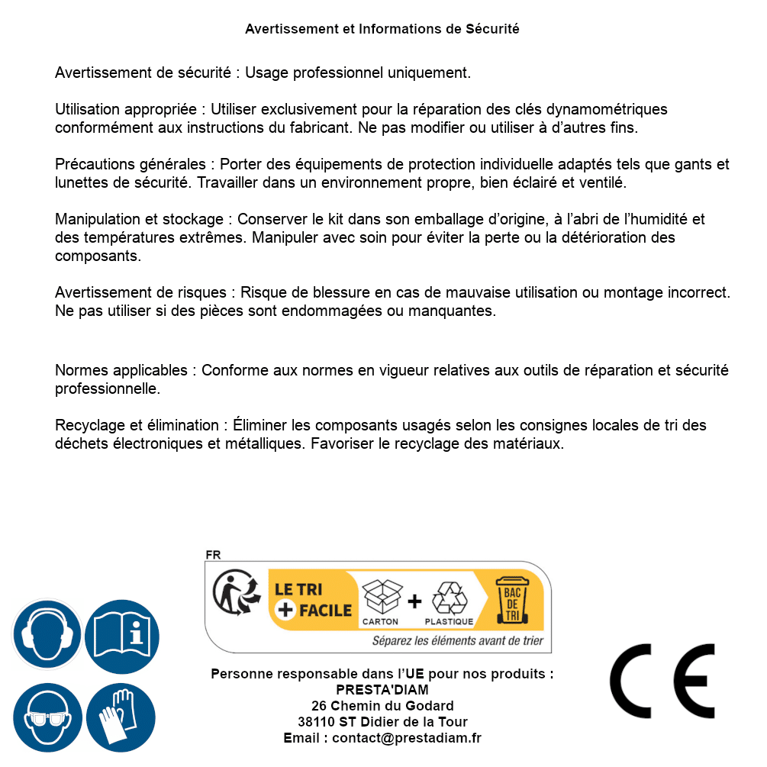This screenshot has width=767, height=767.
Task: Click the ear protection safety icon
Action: coord(47,634)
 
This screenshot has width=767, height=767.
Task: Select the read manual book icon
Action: coord(121,634)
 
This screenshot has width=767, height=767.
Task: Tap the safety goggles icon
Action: coord(47,717)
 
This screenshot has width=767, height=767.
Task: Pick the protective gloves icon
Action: coord(121,717)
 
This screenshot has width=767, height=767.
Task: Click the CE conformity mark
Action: coord(662,681)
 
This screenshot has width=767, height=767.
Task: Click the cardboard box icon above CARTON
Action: coord(381,596)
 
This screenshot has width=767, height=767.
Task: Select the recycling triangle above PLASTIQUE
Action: coord(449,598)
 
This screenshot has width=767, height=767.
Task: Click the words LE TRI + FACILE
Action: coord(313,600)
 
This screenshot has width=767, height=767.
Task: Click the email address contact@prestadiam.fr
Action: coord(407,738)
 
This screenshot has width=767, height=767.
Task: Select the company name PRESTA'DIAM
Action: coord(382,690)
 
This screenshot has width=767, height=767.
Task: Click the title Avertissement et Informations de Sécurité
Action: coord(382,29)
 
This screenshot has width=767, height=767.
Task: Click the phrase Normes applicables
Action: coord(121,370)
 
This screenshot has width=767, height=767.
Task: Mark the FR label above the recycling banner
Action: coord(214,555)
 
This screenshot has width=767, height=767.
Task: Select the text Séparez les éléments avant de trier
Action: coord(457,640)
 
